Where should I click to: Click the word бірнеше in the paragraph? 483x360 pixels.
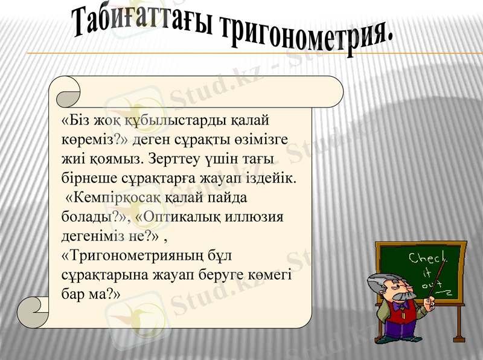[x=85, y=179]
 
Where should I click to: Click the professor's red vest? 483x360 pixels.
[x=398, y=314]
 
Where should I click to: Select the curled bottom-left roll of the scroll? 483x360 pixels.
[x=33, y=311]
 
